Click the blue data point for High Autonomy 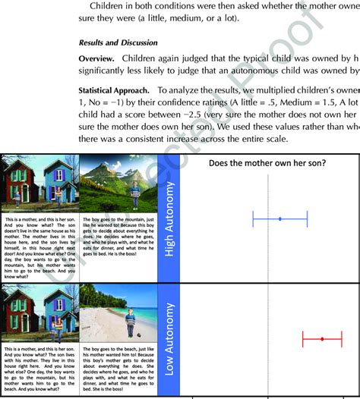pos(280,218)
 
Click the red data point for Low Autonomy pos(322,338)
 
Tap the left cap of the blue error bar pos(253,218)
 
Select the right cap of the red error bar pos(342,338)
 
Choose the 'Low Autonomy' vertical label pos(169,338)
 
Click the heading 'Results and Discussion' pos(118,42)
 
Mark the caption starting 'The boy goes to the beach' pos(118,372)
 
